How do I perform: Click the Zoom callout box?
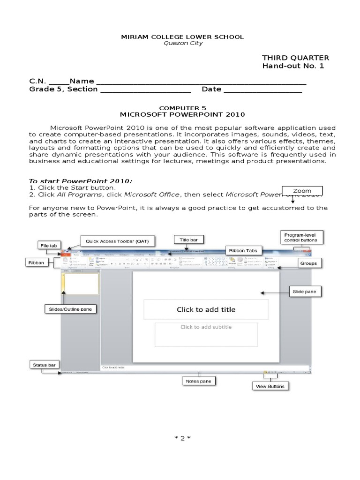point(302,191)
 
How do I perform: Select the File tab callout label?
point(48,245)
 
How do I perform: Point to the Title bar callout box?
point(189,240)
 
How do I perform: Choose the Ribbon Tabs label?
point(243,250)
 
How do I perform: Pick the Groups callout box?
point(309,263)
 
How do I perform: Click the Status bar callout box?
point(43,364)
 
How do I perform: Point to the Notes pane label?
point(199,382)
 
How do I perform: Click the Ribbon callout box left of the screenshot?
point(36,263)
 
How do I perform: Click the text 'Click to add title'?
point(206,309)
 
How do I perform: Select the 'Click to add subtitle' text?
point(206,327)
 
